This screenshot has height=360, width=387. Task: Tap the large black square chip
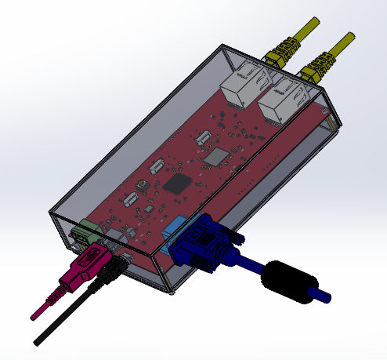click(178, 185)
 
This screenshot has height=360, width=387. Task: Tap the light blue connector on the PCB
click(172, 231)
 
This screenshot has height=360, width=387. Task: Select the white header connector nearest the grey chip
click(204, 139)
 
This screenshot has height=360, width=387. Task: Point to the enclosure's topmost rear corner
click(226, 43)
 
